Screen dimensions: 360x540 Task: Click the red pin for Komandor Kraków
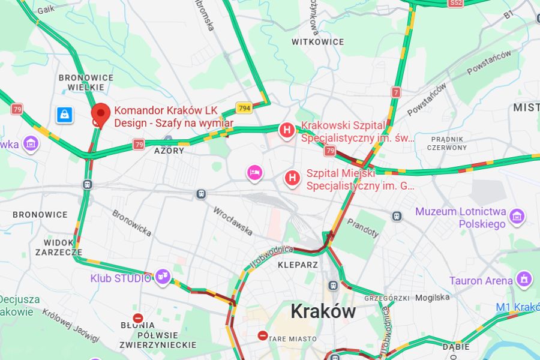pos(100,113)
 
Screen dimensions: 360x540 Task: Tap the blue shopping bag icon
pos(64,115)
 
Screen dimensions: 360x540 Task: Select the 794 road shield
pos(244,108)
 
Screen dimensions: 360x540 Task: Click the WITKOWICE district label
pos(318,42)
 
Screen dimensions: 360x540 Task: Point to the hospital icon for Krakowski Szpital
pos(287,130)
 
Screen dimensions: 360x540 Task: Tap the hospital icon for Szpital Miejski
pos(292,178)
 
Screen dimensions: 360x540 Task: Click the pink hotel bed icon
pos(255,173)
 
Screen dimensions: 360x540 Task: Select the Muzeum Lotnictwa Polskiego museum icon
pos(516,215)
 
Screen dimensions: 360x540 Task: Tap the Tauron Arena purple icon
pos(524,279)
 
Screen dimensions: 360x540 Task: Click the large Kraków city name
pos(323,311)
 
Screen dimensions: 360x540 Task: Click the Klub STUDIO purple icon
pos(162,277)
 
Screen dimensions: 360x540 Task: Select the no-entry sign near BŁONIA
pos(138,318)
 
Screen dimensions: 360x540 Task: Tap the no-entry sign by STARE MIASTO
pos(262,336)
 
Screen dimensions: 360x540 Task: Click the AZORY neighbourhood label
pos(169,151)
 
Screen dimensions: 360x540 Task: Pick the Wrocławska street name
pos(232,221)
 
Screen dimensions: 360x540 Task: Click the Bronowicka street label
pos(131,222)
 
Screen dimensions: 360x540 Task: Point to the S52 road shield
pos(456,3)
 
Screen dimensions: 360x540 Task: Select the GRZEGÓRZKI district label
pos(386,298)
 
